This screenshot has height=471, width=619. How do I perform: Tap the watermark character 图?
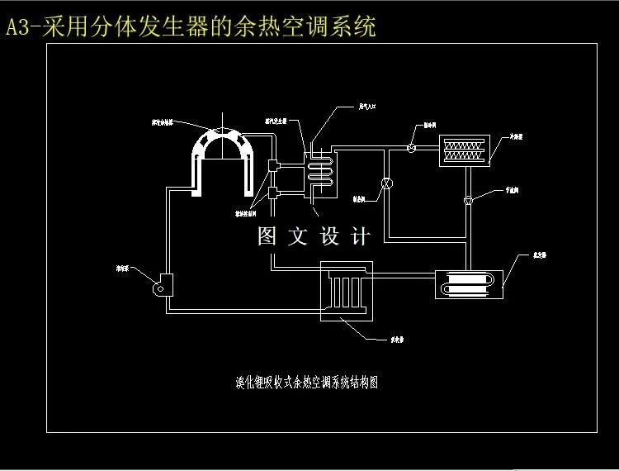pyautogui.click(x=267, y=237)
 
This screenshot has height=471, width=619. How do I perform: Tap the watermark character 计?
pyautogui.click(x=361, y=237)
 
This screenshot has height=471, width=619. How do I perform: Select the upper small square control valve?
pyautogui.click(x=272, y=166)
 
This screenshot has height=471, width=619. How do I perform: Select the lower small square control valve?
pyautogui.click(x=272, y=195)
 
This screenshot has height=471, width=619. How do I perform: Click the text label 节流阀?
pyautogui.click(x=512, y=189)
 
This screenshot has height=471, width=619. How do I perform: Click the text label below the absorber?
pyautogui.click(x=396, y=338)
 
